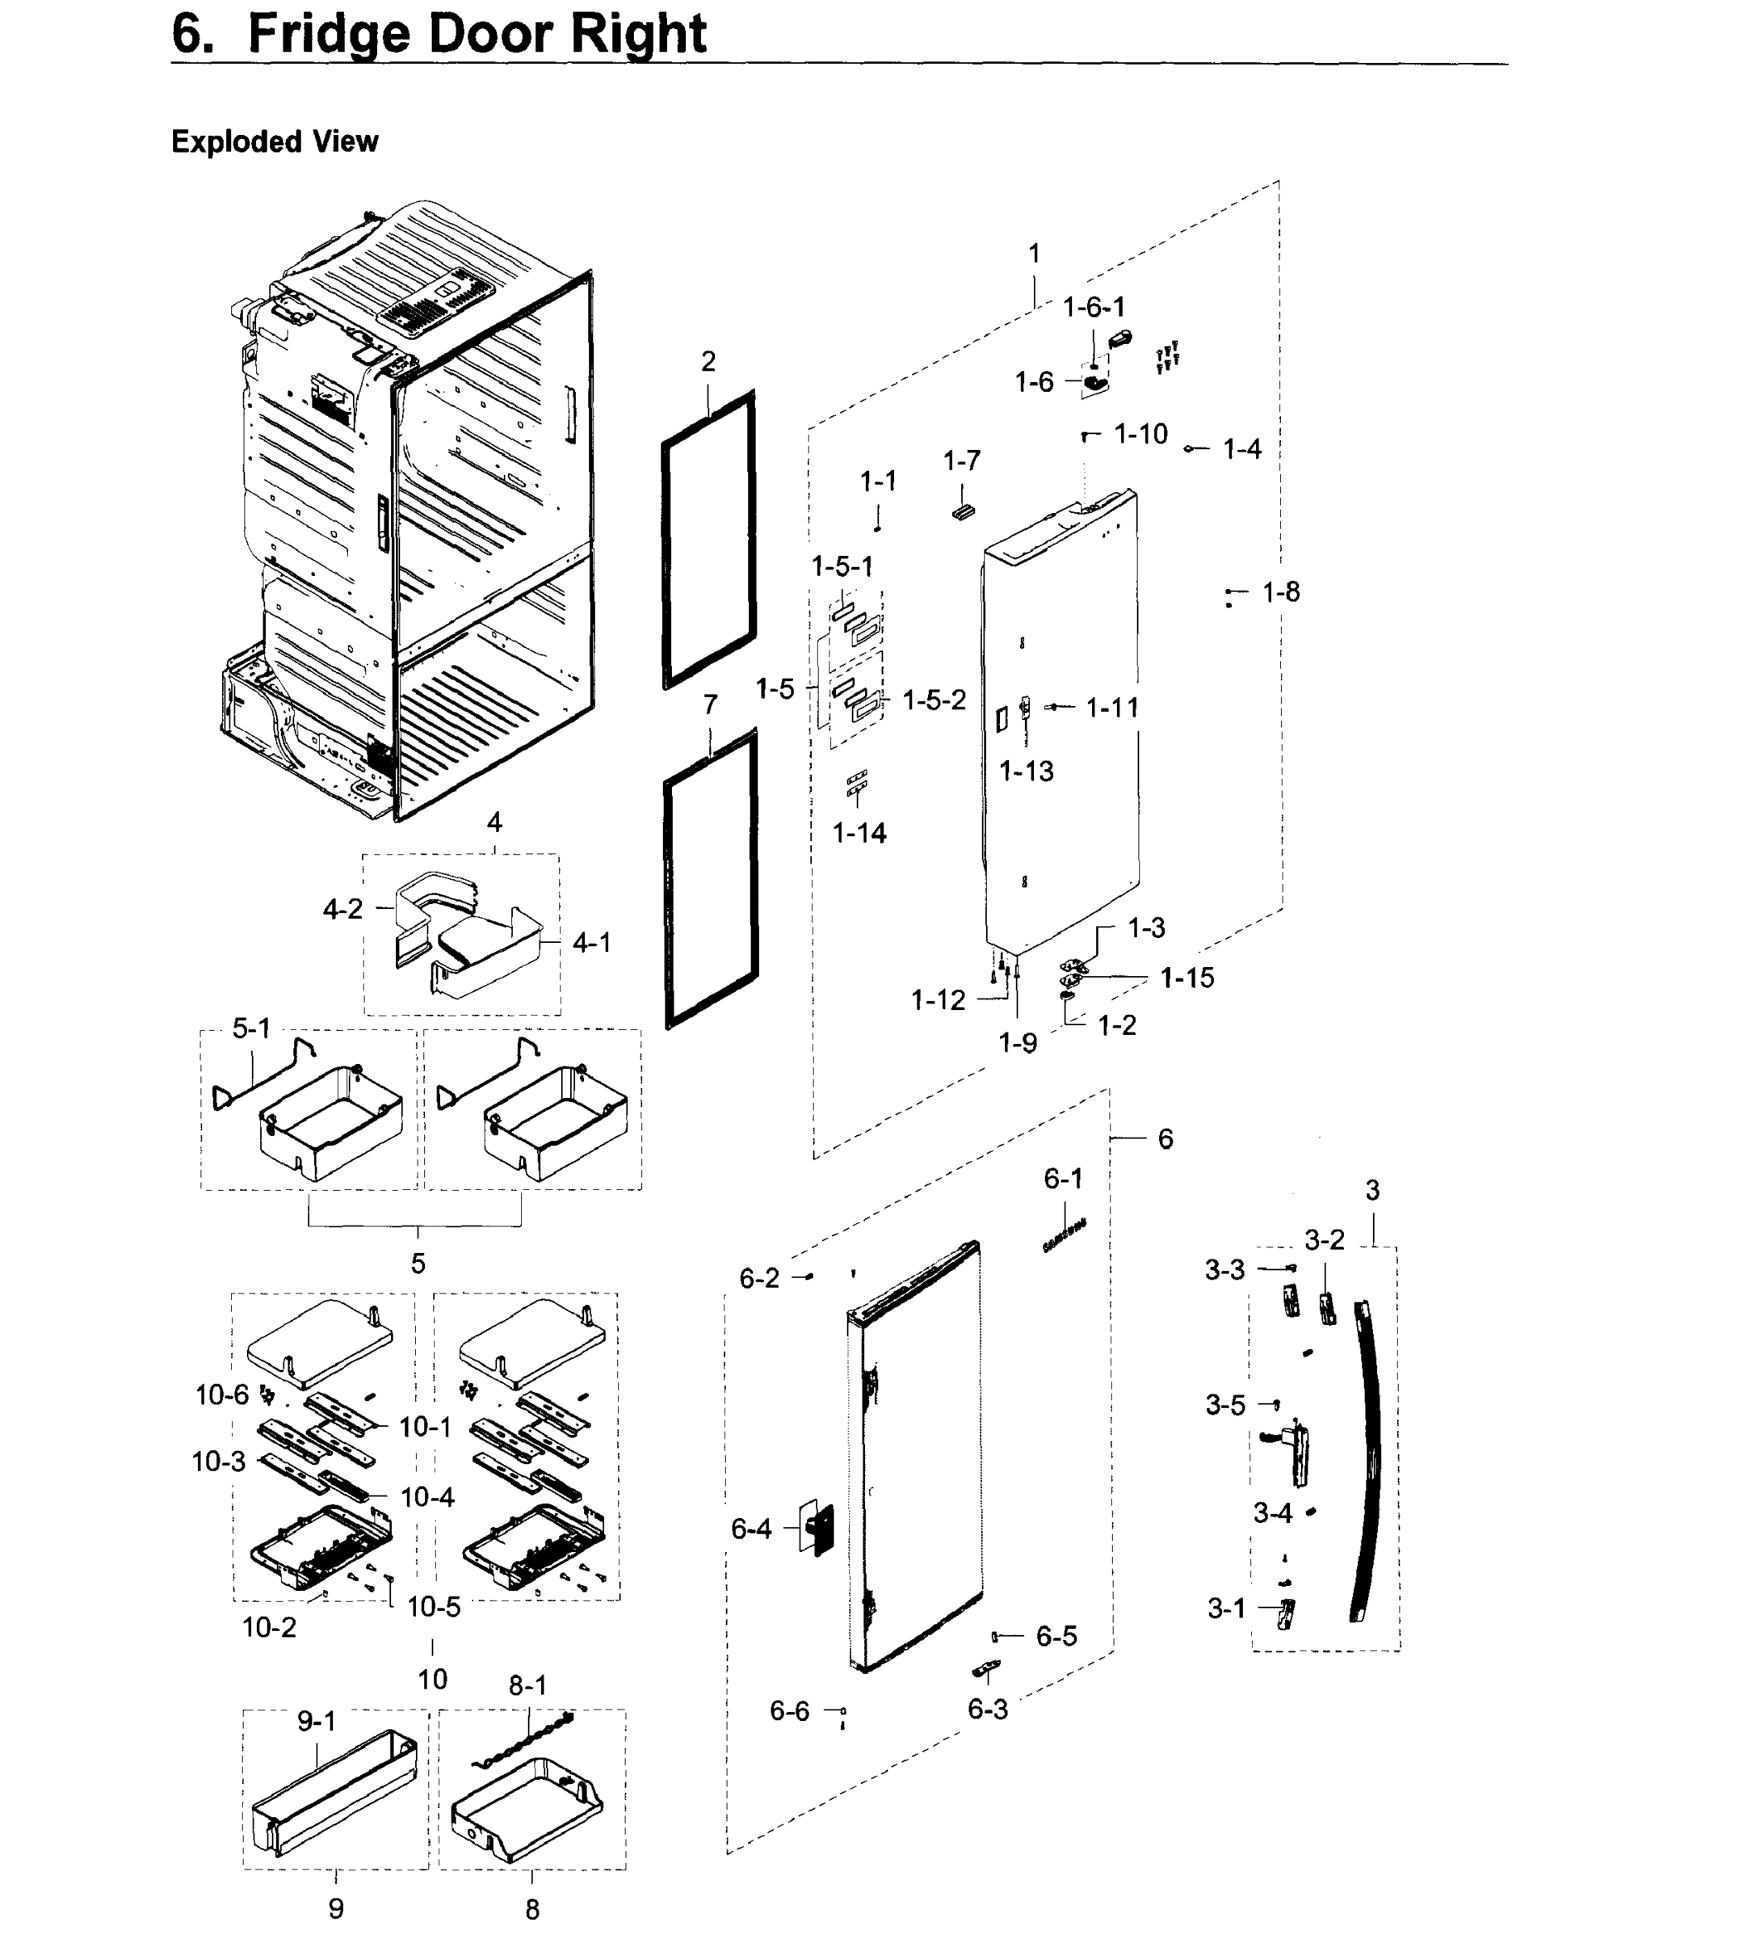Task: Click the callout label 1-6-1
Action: pos(1093,307)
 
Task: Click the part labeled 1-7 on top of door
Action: pos(962,511)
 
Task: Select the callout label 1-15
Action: pos(1186,978)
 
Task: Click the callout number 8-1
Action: pos(527,1685)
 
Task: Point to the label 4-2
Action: pos(342,909)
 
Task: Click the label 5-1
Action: pos(251,1028)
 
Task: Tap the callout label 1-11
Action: pos(1112,708)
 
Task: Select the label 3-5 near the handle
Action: pos(1224,1405)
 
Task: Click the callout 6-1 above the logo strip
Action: pos(1063,1178)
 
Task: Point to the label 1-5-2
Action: pos(934,700)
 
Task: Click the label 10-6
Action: pos(222,1394)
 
